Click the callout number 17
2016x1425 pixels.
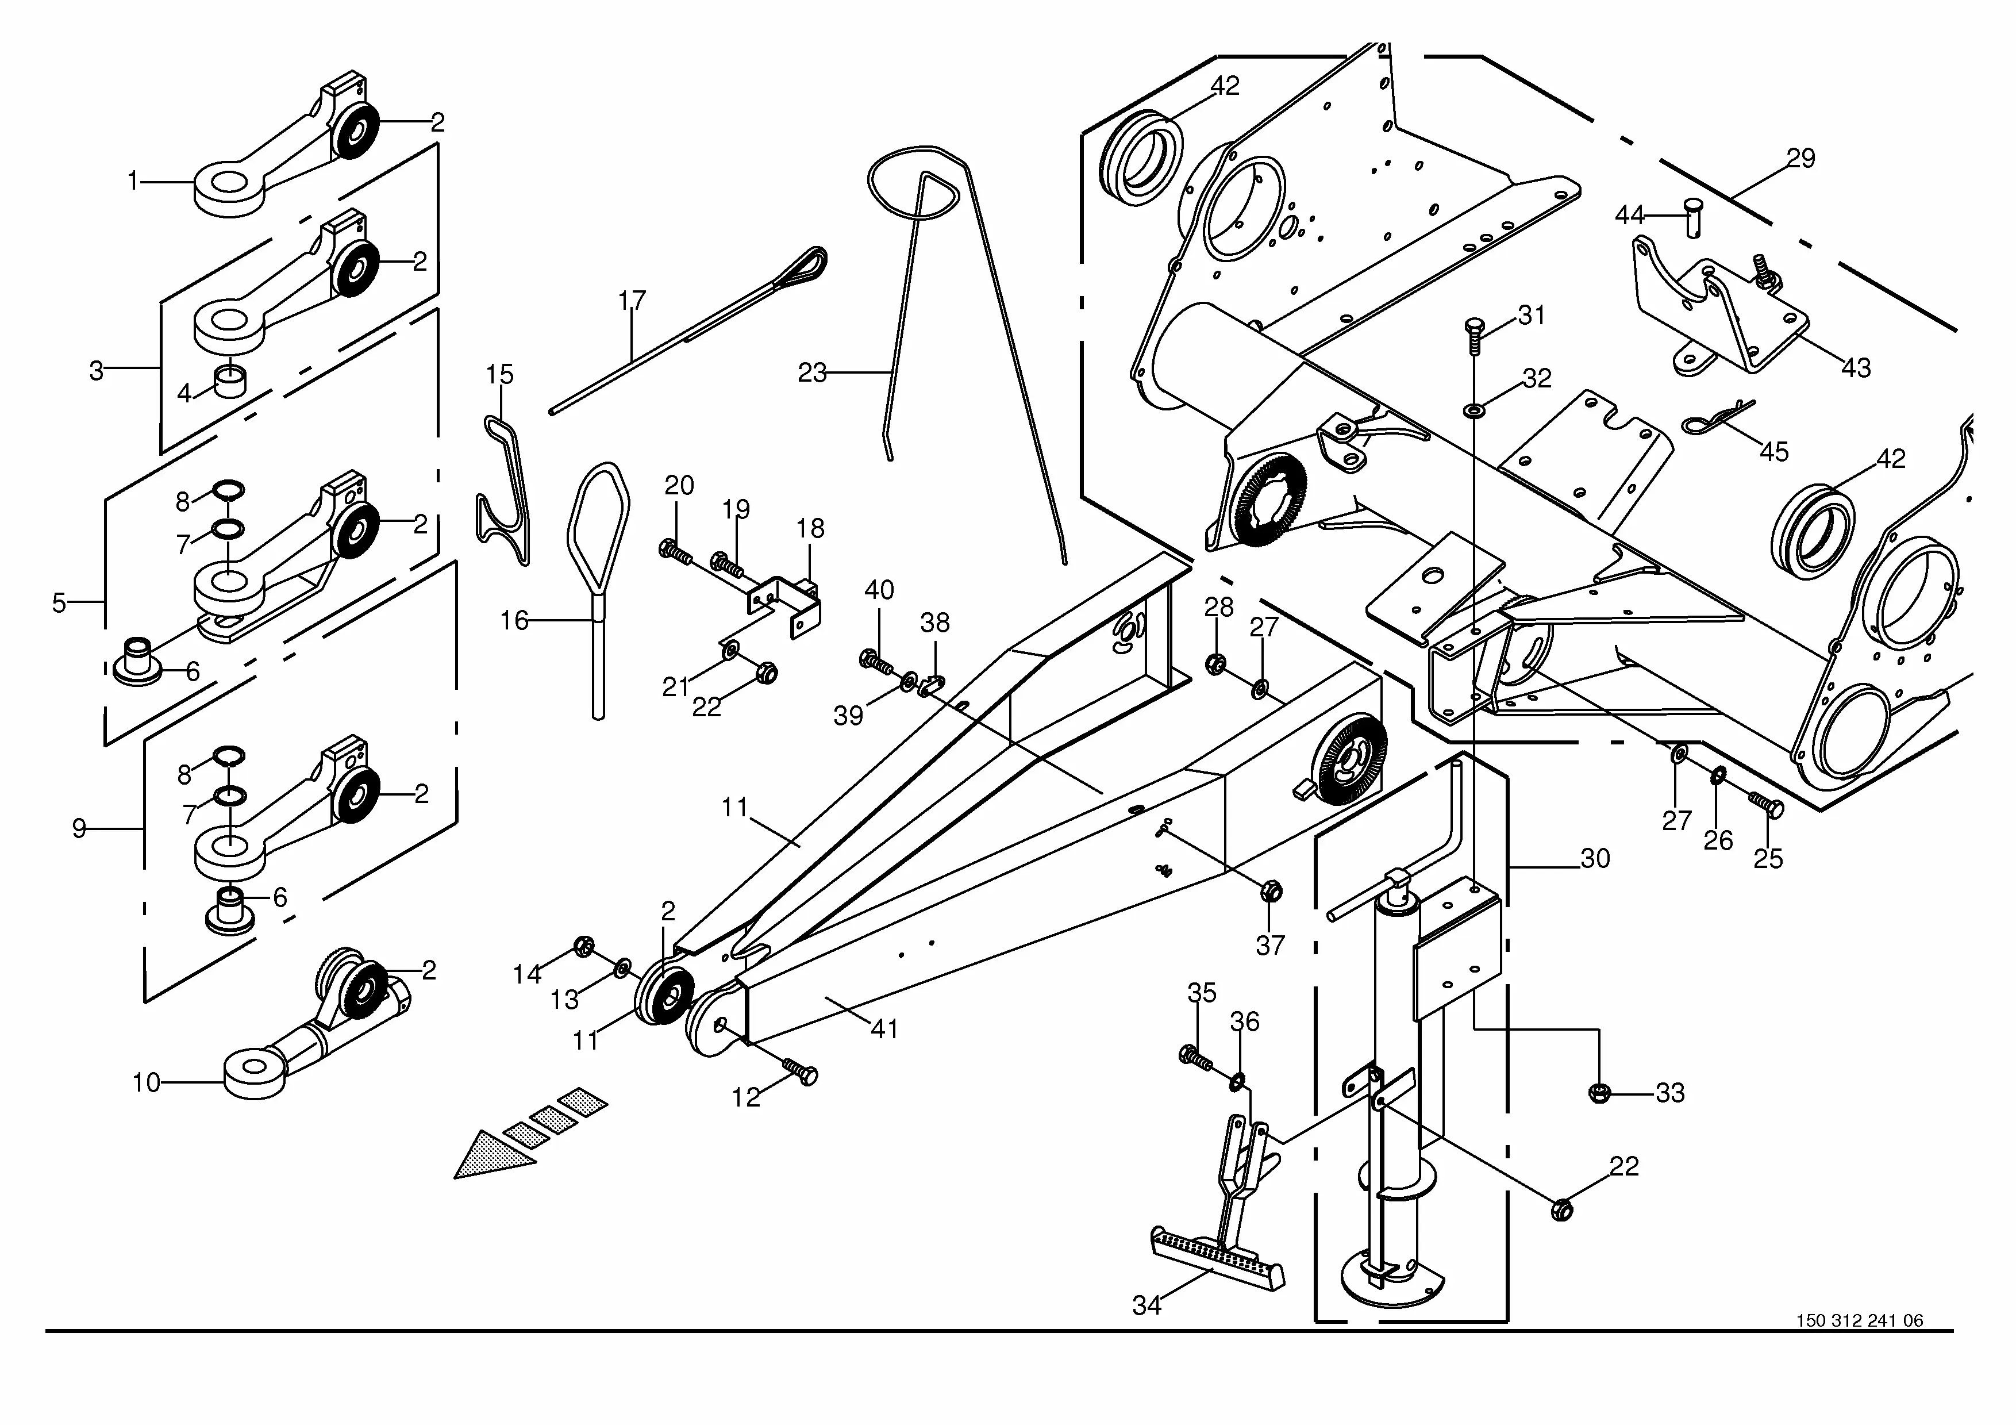pyautogui.click(x=632, y=301)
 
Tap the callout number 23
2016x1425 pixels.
pyautogui.click(x=811, y=373)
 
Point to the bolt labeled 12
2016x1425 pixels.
pyautogui.click(x=798, y=1071)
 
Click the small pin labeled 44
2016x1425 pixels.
pyautogui.click(x=1693, y=216)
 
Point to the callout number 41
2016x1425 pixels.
pyautogui.click(x=884, y=1028)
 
